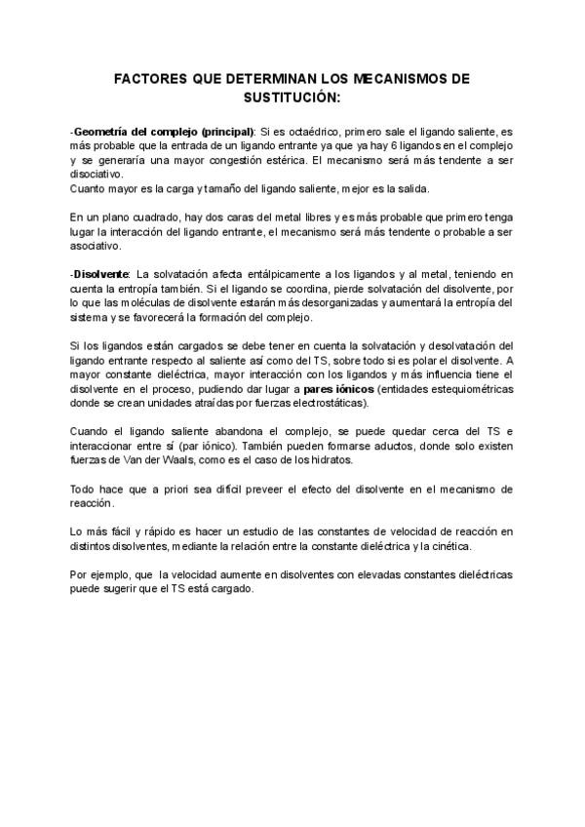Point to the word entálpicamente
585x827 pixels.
254,275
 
